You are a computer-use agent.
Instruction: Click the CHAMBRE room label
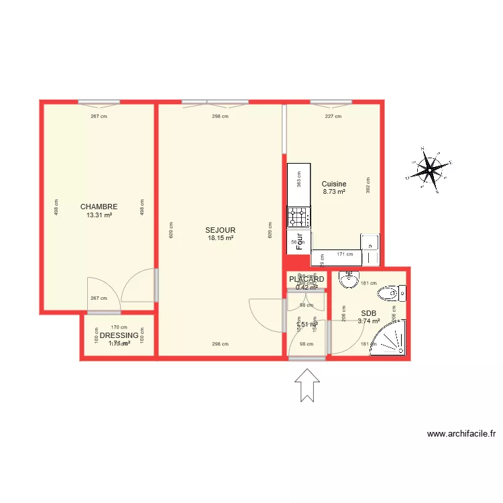[x=99, y=207]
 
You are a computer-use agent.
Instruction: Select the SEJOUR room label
[x=220, y=229]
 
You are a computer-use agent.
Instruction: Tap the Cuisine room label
[x=334, y=184]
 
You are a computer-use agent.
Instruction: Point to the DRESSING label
[x=119, y=335]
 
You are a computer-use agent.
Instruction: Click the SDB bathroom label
[x=368, y=313]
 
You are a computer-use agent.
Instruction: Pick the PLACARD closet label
[x=306, y=279]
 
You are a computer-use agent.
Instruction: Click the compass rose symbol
[x=428, y=171]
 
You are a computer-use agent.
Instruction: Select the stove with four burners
[x=299, y=217]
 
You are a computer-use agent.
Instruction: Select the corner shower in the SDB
[x=391, y=340]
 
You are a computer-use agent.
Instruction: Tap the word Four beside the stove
[x=300, y=240]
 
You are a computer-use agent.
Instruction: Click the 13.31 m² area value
[x=99, y=215]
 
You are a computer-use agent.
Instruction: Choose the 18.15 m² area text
[x=220, y=237]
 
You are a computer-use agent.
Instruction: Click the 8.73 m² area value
[x=334, y=192]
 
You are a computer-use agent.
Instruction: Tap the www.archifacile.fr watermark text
[x=461, y=434]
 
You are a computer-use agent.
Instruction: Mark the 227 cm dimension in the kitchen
[x=333, y=116]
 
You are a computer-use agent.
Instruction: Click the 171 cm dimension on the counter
[x=345, y=254]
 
